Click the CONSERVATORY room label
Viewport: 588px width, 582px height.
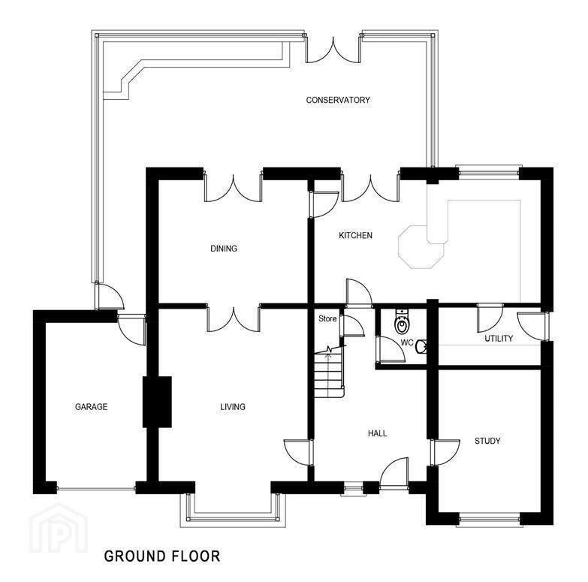pyautogui.click(x=338, y=100)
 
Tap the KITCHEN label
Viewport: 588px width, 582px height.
pyautogui.click(x=355, y=236)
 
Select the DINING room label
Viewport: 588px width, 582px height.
pyautogui.click(x=224, y=249)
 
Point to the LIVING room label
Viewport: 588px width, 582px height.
pyautogui.click(x=233, y=406)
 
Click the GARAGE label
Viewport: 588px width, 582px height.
pyautogui.click(x=91, y=406)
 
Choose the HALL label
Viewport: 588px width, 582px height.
pyautogui.click(x=377, y=433)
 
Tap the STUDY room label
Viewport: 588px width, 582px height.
pyautogui.click(x=487, y=441)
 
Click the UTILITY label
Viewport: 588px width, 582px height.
pyautogui.click(x=499, y=339)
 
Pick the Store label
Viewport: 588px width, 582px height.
pyautogui.click(x=327, y=318)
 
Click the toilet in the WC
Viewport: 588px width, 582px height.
pyautogui.click(x=402, y=321)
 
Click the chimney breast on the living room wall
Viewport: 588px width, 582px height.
pyautogui.click(x=157, y=402)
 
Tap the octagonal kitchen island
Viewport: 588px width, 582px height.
pyautogui.click(x=421, y=247)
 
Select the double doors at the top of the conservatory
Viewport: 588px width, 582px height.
pyautogui.click(x=333, y=50)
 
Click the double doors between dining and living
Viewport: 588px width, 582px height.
pyautogui.click(x=234, y=318)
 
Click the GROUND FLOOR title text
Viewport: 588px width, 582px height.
pyautogui.click(x=162, y=556)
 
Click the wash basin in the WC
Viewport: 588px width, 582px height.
pyautogui.click(x=421, y=346)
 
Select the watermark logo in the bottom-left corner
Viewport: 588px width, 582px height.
pyautogui.click(x=59, y=528)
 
